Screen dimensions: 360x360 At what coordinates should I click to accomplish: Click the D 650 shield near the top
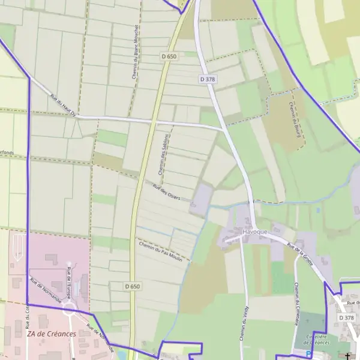[169, 56]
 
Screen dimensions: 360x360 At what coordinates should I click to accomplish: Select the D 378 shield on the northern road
[207, 79]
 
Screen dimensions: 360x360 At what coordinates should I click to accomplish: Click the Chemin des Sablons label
[164, 155]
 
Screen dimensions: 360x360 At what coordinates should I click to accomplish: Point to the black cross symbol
[347, 356]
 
